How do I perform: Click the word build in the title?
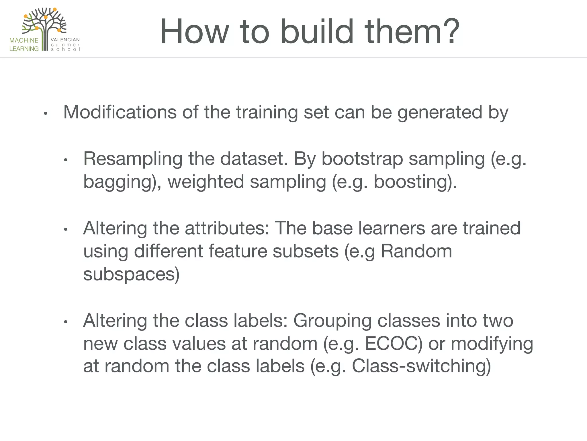coord(317,32)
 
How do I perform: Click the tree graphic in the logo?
coord(44,24)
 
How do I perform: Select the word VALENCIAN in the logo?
coord(65,40)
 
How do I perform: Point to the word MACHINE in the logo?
coord(24,40)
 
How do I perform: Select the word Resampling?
coord(133,159)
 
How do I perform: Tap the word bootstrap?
coord(362,159)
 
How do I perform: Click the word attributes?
coord(227,228)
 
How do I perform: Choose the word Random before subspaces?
coord(416,251)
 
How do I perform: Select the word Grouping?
coord(332,321)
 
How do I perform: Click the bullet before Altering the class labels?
coord(66,322)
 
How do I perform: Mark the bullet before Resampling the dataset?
coord(66,160)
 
